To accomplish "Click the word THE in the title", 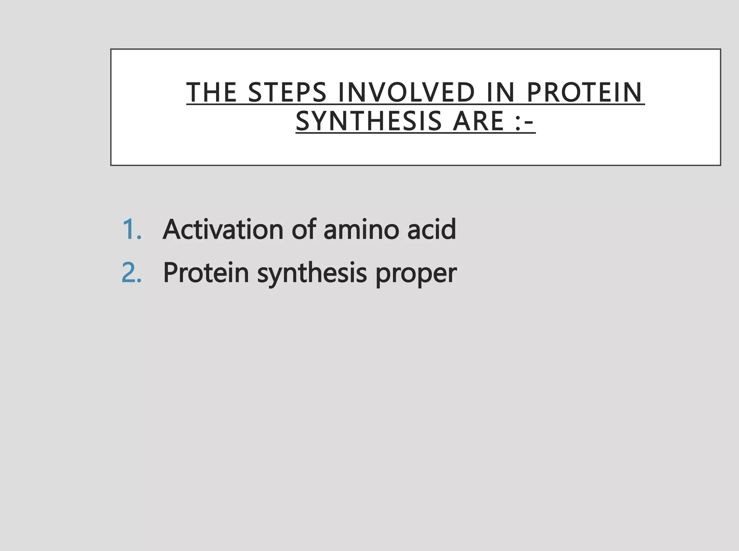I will [x=211, y=92].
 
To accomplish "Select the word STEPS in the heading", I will [x=287, y=92].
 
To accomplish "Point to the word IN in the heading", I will [x=500, y=92].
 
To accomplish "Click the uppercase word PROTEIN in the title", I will [x=585, y=92].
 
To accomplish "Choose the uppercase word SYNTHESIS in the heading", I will [x=368, y=121].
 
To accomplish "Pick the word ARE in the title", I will [x=478, y=121].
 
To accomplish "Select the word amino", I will [x=361, y=230].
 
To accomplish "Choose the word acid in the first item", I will [x=432, y=229].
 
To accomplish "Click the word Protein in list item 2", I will [x=206, y=272].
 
